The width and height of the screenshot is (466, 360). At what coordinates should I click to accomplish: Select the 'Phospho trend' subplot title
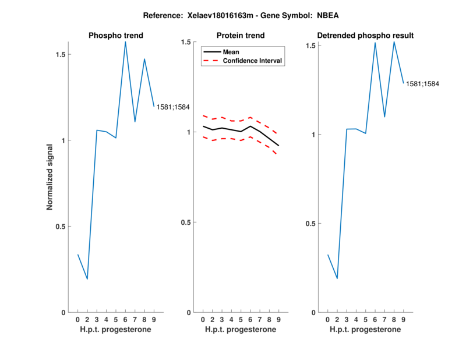[116, 36]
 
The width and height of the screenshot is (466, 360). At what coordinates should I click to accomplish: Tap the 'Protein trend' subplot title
[241, 36]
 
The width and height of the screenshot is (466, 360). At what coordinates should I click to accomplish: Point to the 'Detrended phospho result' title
[366, 36]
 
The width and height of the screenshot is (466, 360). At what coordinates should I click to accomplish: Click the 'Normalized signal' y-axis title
[50, 177]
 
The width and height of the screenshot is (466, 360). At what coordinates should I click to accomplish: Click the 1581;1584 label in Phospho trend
[173, 107]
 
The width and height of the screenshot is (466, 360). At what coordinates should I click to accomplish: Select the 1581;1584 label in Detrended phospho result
[422, 84]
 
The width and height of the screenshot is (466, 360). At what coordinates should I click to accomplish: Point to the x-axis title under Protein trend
[241, 330]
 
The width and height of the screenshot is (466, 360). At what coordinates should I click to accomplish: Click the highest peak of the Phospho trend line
[125, 42]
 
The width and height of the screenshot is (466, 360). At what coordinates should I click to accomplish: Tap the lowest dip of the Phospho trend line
[87, 279]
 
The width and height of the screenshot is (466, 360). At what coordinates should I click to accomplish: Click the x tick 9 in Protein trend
[278, 320]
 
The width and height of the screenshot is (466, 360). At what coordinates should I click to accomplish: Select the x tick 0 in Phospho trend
[78, 320]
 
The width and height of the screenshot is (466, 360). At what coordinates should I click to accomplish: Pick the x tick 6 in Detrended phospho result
[375, 320]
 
